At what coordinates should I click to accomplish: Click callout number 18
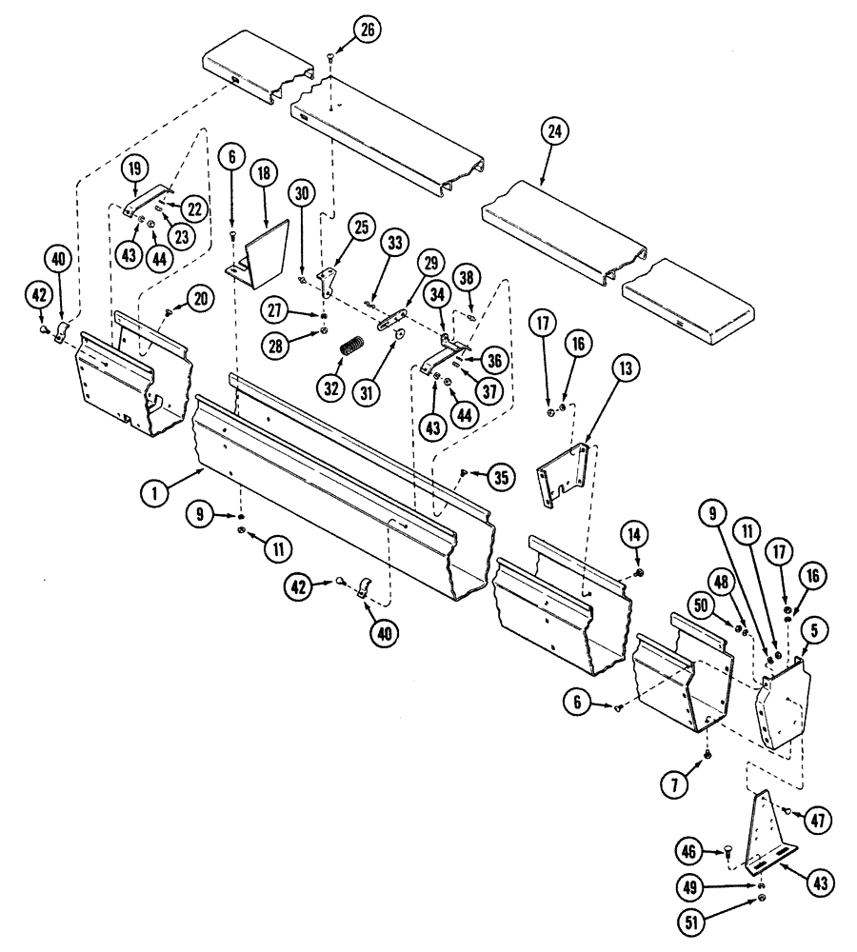tap(263, 175)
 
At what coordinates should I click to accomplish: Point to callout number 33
tap(394, 244)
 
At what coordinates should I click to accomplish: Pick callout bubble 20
tap(200, 298)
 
